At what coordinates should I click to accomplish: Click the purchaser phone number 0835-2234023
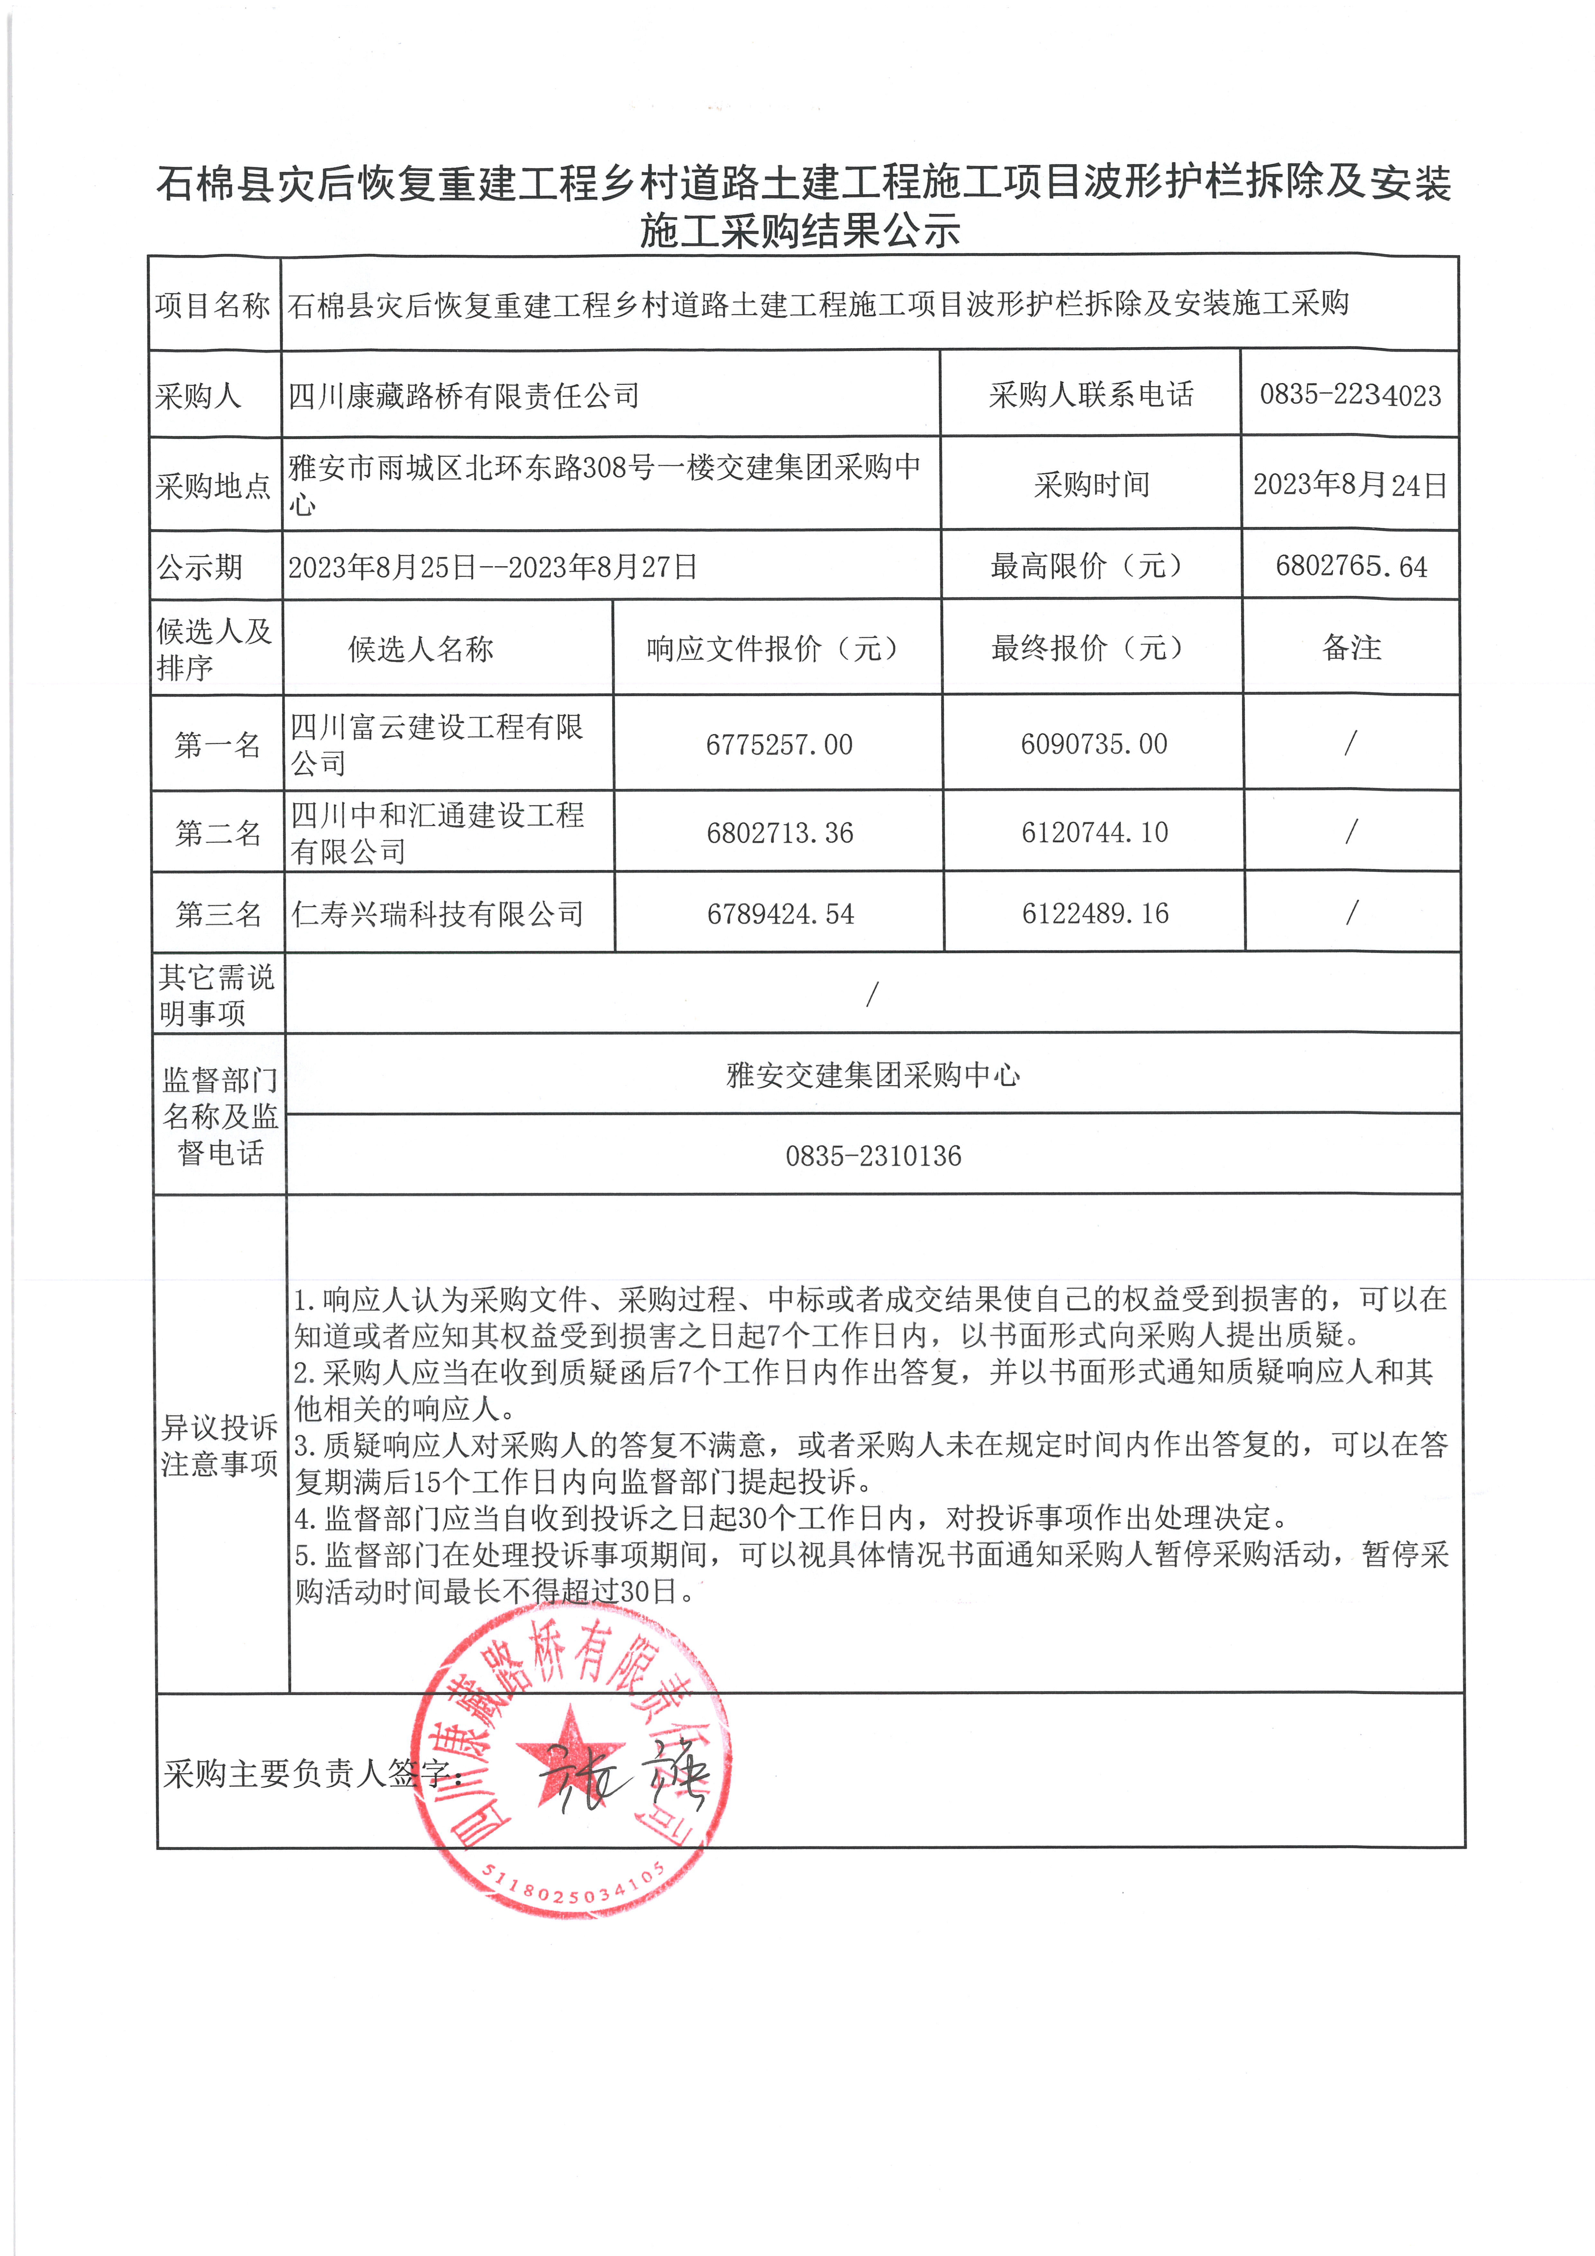tap(1349, 395)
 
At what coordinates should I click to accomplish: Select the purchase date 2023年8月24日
tap(1349, 484)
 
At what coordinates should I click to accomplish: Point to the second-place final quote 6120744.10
tap(1094, 832)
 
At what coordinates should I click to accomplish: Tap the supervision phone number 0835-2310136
tap(873, 1155)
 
